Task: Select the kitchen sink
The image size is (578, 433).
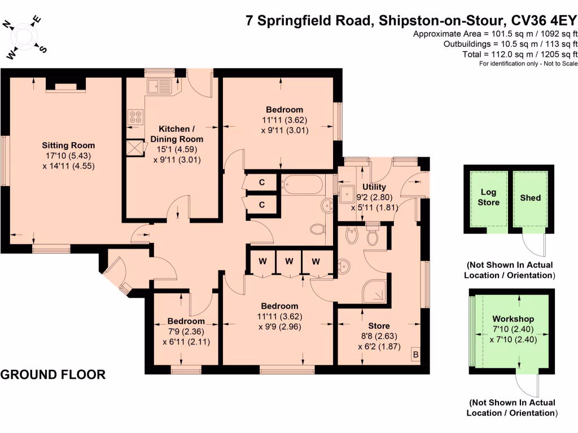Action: coord(159,86)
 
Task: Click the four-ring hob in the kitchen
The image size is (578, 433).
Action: coord(135,117)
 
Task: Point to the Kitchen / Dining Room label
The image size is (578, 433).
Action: coord(177,134)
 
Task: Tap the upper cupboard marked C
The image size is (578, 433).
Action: coord(262,183)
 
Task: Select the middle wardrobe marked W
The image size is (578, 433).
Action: coord(289,261)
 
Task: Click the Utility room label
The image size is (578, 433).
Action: coord(374,187)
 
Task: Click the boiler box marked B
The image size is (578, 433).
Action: coord(416,355)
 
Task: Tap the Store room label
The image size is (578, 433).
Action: coord(379,326)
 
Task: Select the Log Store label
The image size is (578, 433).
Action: coord(489,197)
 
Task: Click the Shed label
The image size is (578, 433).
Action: coord(530,197)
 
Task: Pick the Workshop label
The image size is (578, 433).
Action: coord(513,319)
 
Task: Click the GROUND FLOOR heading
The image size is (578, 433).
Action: coord(53,375)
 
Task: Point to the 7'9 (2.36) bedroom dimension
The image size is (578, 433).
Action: coord(181,332)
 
